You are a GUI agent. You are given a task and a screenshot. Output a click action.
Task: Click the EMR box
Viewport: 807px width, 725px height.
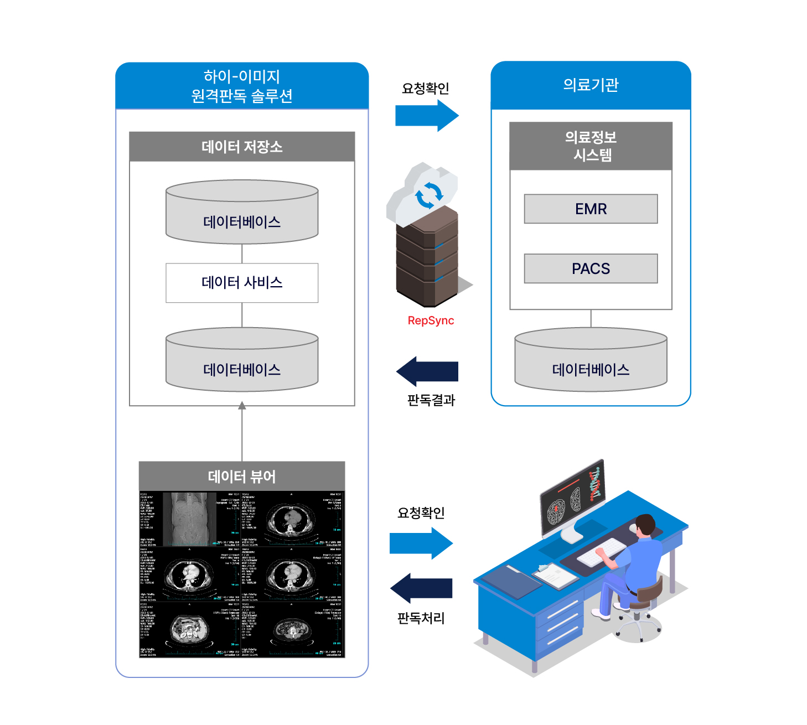[x=591, y=209]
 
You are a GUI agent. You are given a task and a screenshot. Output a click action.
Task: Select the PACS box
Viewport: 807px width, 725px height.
[x=591, y=268]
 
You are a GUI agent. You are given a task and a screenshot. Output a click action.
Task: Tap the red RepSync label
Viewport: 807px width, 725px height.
[x=431, y=320]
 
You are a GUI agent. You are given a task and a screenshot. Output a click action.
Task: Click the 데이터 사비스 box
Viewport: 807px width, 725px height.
[x=242, y=283]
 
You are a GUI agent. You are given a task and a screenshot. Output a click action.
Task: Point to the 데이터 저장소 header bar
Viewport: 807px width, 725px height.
[x=242, y=147]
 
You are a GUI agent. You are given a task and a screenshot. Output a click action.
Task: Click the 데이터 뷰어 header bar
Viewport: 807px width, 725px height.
[x=242, y=476]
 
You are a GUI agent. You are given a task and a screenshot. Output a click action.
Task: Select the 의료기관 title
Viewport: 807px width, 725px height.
[x=591, y=85]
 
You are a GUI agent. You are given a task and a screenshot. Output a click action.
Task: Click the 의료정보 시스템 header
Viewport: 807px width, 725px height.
[x=591, y=146]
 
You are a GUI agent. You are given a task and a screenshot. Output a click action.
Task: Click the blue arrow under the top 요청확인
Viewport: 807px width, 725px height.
[x=427, y=116]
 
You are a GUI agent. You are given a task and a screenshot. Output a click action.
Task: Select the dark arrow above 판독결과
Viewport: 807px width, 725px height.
[x=427, y=371]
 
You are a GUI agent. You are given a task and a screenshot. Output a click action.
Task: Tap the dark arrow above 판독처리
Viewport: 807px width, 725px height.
[x=421, y=588]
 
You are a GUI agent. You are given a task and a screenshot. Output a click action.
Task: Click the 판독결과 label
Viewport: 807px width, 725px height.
[x=431, y=400]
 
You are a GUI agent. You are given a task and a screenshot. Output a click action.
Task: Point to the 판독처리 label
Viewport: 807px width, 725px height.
[x=421, y=618]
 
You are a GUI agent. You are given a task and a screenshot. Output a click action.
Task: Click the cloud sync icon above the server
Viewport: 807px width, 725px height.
[x=427, y=194]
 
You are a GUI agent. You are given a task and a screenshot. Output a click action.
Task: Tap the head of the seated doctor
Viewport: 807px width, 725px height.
[x=645, y=523]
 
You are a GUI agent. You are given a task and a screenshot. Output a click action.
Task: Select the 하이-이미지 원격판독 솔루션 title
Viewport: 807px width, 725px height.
[x=242, y=86]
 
